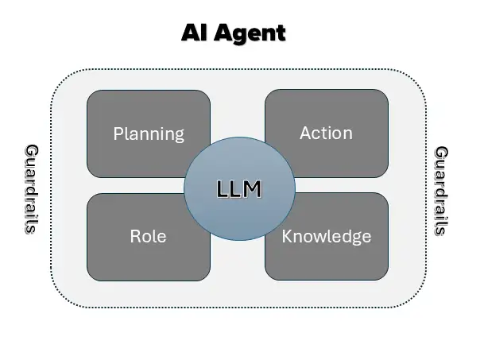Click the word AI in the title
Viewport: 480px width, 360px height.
click(x=194, y=33)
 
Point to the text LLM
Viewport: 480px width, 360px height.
click(x=239, y=189)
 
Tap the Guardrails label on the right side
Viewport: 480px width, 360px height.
click(x=441, y=190)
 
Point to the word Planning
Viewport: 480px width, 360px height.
click(x=149, y=134)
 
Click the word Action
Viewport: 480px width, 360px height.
click(x=326, y=133)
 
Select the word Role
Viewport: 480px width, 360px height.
click(x=148, y=236)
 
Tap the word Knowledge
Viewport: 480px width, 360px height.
click(x=327, y=236)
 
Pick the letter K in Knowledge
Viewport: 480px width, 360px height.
click(x=287, y=236)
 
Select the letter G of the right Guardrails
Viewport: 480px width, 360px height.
click(x=441, y=152)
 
